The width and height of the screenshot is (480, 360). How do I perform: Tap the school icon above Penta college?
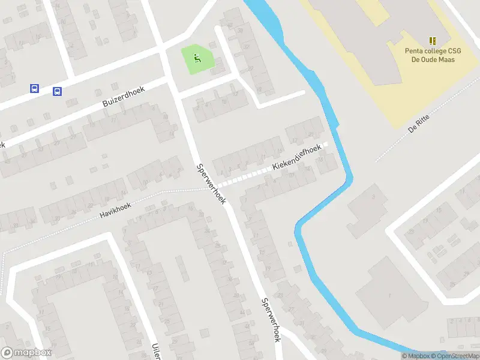coord(433,41)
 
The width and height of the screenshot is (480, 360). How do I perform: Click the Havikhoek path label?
coord(116,208)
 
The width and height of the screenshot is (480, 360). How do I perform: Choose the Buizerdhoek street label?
coord(125,95)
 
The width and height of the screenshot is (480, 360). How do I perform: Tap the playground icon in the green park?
coord(197,58)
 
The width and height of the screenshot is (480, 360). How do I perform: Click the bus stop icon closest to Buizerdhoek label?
coord(57,92)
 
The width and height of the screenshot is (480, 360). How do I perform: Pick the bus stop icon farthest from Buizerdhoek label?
coord(34,89)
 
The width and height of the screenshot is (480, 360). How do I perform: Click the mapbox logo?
coord(26,353)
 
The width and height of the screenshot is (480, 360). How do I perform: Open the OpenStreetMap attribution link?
coord(454,356)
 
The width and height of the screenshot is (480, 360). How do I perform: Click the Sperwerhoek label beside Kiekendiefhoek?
coord(211,183)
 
